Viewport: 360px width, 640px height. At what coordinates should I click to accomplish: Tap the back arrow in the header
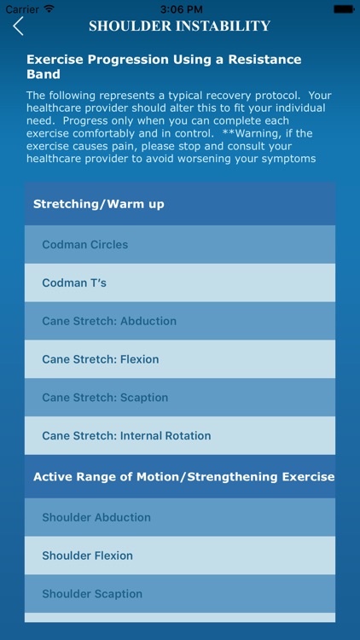tap(19, 26)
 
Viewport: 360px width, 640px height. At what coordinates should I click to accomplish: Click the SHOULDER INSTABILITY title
tap(180, 26)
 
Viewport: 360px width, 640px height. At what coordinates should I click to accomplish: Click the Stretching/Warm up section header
tap(99, 204)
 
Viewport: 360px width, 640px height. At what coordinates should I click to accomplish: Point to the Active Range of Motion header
tap(183, 477)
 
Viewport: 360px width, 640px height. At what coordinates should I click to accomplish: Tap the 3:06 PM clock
tap(180, 9)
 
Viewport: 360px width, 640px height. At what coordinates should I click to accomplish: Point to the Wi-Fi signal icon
tap(49, 9)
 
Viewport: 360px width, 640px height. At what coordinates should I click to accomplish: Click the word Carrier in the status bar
tap(22, 9)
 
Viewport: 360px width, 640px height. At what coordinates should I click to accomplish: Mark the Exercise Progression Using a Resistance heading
tap(164, 60)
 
